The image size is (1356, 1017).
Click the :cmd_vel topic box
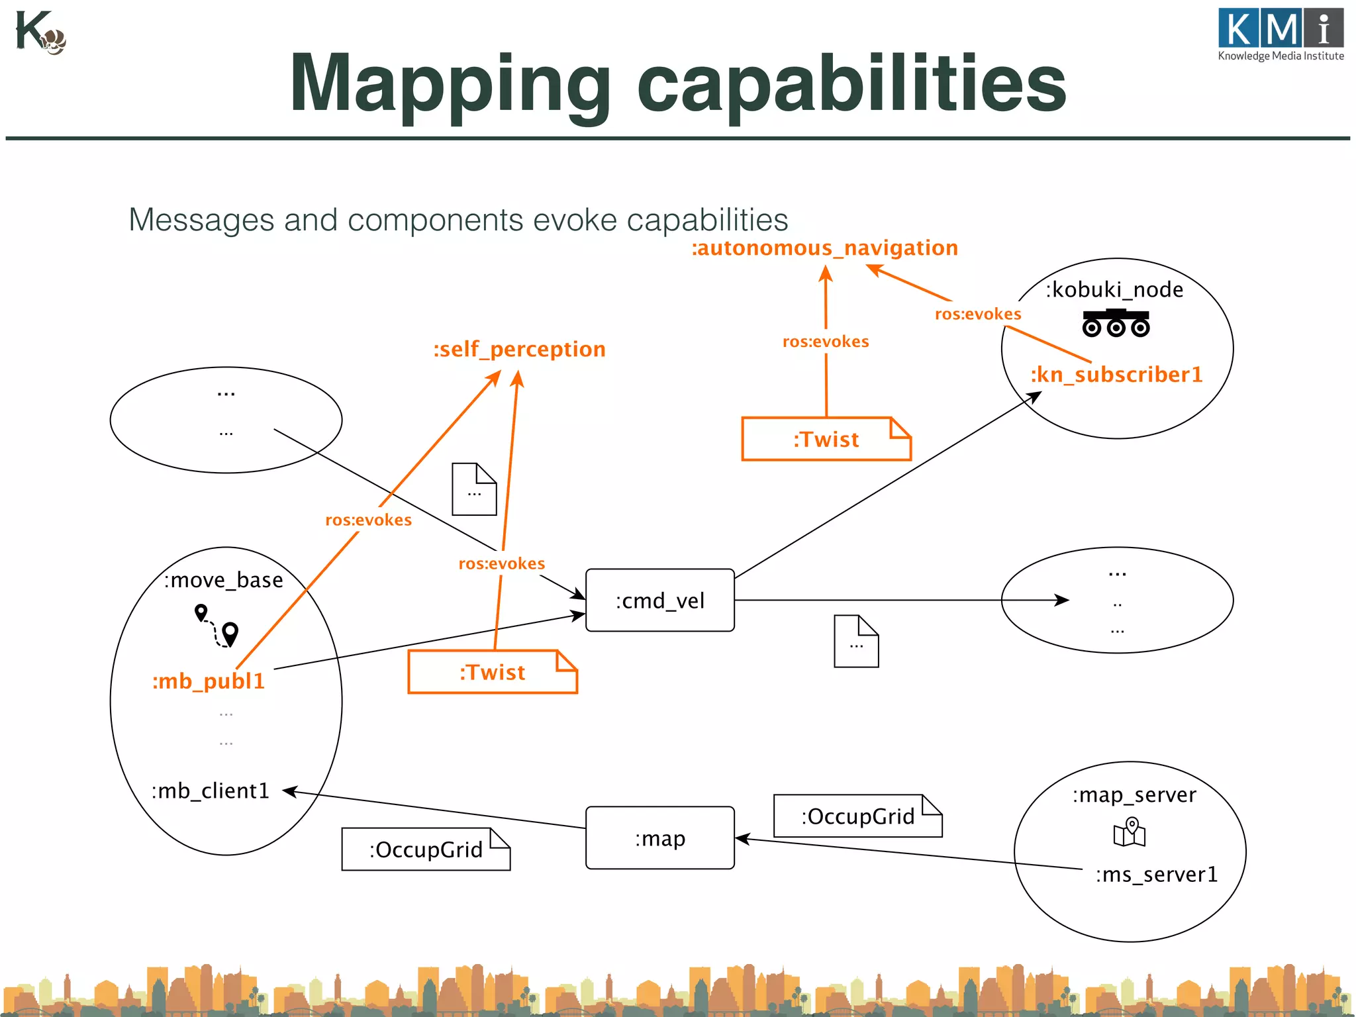(x=659, y=600)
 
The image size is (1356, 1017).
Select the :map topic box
(x=659, y=838)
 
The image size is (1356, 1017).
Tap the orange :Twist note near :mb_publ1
(x=492, y=672)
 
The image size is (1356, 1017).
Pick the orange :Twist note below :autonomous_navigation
(x=826, y=439)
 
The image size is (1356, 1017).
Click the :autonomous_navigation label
(x=824, y=248)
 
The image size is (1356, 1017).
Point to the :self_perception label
(x=519, y=349)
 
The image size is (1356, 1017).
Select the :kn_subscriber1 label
(x=1116, y=374)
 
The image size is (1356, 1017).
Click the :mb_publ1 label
(x=209, y=681)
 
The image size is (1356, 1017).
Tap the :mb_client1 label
(x=211, y=791)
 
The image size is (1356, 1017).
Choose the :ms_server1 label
(x=1156, y=874)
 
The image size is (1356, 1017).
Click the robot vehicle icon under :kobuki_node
(x=1116, y=323)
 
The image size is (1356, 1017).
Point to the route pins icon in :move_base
(x=217, y=625)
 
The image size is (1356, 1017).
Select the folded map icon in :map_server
(x=1130, y=832)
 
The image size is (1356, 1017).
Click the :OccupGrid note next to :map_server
(x=857, y=816)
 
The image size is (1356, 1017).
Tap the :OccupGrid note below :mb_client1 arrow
(x=426, y=849)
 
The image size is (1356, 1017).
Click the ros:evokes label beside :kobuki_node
(x=977, y=314)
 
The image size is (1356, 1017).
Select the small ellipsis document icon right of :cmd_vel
(x=856, y=641)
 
